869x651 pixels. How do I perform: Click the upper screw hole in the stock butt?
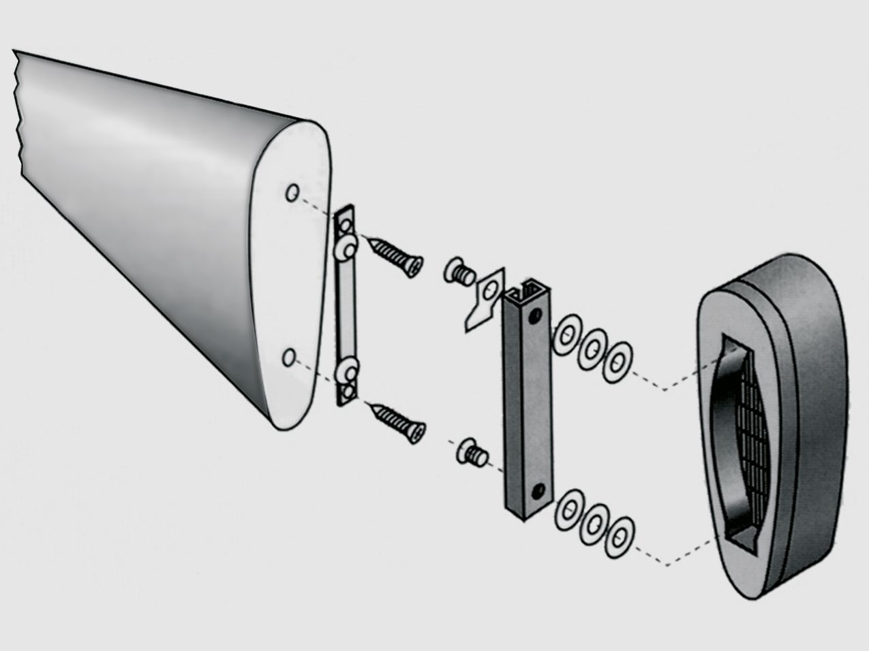(x=292, y=193)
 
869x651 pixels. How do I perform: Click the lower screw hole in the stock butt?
(x=290, y=356)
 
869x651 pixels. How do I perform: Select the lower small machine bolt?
(x=471, y=453)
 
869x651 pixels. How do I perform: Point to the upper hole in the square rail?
(x=539, y=315)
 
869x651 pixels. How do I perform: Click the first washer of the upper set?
(x=566, y=334)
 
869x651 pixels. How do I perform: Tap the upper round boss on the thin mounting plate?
(x=346, y=248)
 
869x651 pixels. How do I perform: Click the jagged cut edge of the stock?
(x=18, y=116)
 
